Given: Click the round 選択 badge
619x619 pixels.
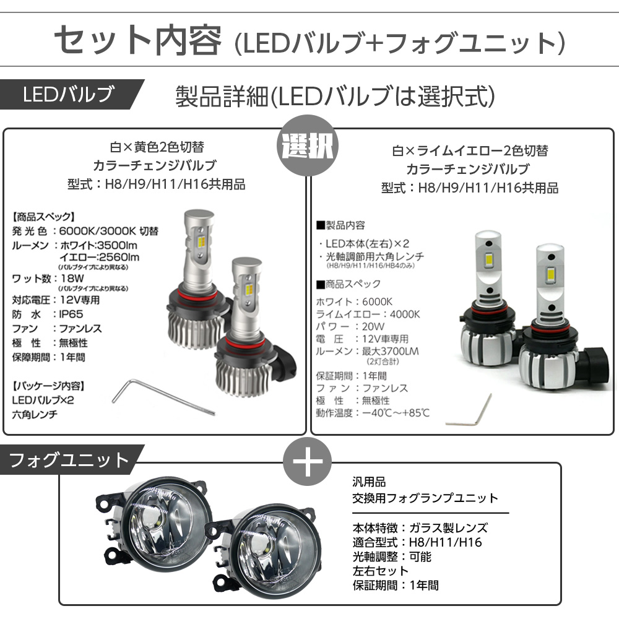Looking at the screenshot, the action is [307, 145].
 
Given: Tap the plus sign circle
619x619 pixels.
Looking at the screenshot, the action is [308, 462].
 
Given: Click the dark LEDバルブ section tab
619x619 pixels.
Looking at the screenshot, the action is [72, 94].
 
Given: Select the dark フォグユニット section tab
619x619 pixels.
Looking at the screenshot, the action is [72, 459].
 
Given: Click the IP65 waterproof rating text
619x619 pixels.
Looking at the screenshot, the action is [71, 314].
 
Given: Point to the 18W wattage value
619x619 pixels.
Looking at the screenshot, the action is [72, 278].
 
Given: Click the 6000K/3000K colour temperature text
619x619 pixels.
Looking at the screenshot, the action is [108, 231].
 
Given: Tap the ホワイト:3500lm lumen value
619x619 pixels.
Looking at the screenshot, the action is [98, 245].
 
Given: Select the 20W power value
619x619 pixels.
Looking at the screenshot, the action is [373, 326].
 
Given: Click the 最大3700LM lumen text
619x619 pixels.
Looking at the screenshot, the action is [391, 351].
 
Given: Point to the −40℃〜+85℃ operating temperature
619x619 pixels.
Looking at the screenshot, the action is [396, 413].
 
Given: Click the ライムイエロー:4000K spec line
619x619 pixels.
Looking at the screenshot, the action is [368, 314].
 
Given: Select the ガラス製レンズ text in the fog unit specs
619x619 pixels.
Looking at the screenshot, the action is [448, 527].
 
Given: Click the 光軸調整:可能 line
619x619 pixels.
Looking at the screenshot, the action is [392, 556].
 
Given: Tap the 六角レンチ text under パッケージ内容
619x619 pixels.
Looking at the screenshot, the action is [35, 415].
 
